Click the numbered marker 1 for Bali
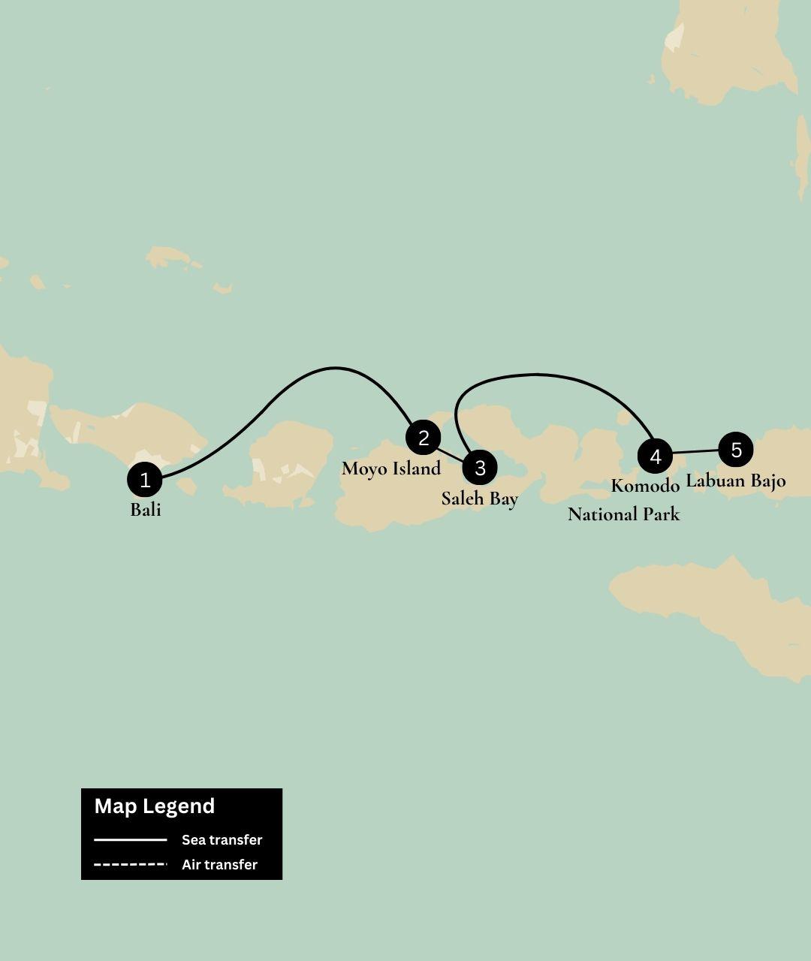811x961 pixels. [145, 480]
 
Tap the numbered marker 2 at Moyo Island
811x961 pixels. [424, 438]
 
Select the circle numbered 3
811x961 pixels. [480, 468]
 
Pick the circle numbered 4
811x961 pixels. [655, 456]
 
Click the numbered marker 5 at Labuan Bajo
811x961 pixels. [736, 450]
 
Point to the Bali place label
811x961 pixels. [146, 510]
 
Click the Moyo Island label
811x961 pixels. [390, 468]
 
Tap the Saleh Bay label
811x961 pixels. [479, 499]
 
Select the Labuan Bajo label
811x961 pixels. [735, 480]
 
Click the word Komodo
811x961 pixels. [645, 486]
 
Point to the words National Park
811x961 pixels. [623, 514]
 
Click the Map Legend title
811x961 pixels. [155, 806]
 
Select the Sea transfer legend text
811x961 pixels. [222, 840]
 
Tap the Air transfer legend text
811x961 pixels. [219, 865]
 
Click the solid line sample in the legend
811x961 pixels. [131, 839]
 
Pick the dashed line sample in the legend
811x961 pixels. [131, 865]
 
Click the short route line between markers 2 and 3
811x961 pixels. [451, 453]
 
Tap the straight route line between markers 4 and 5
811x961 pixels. [695, 452]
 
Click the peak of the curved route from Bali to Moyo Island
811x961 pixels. [334, 369]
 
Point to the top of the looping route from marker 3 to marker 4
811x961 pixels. [535, 374]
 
